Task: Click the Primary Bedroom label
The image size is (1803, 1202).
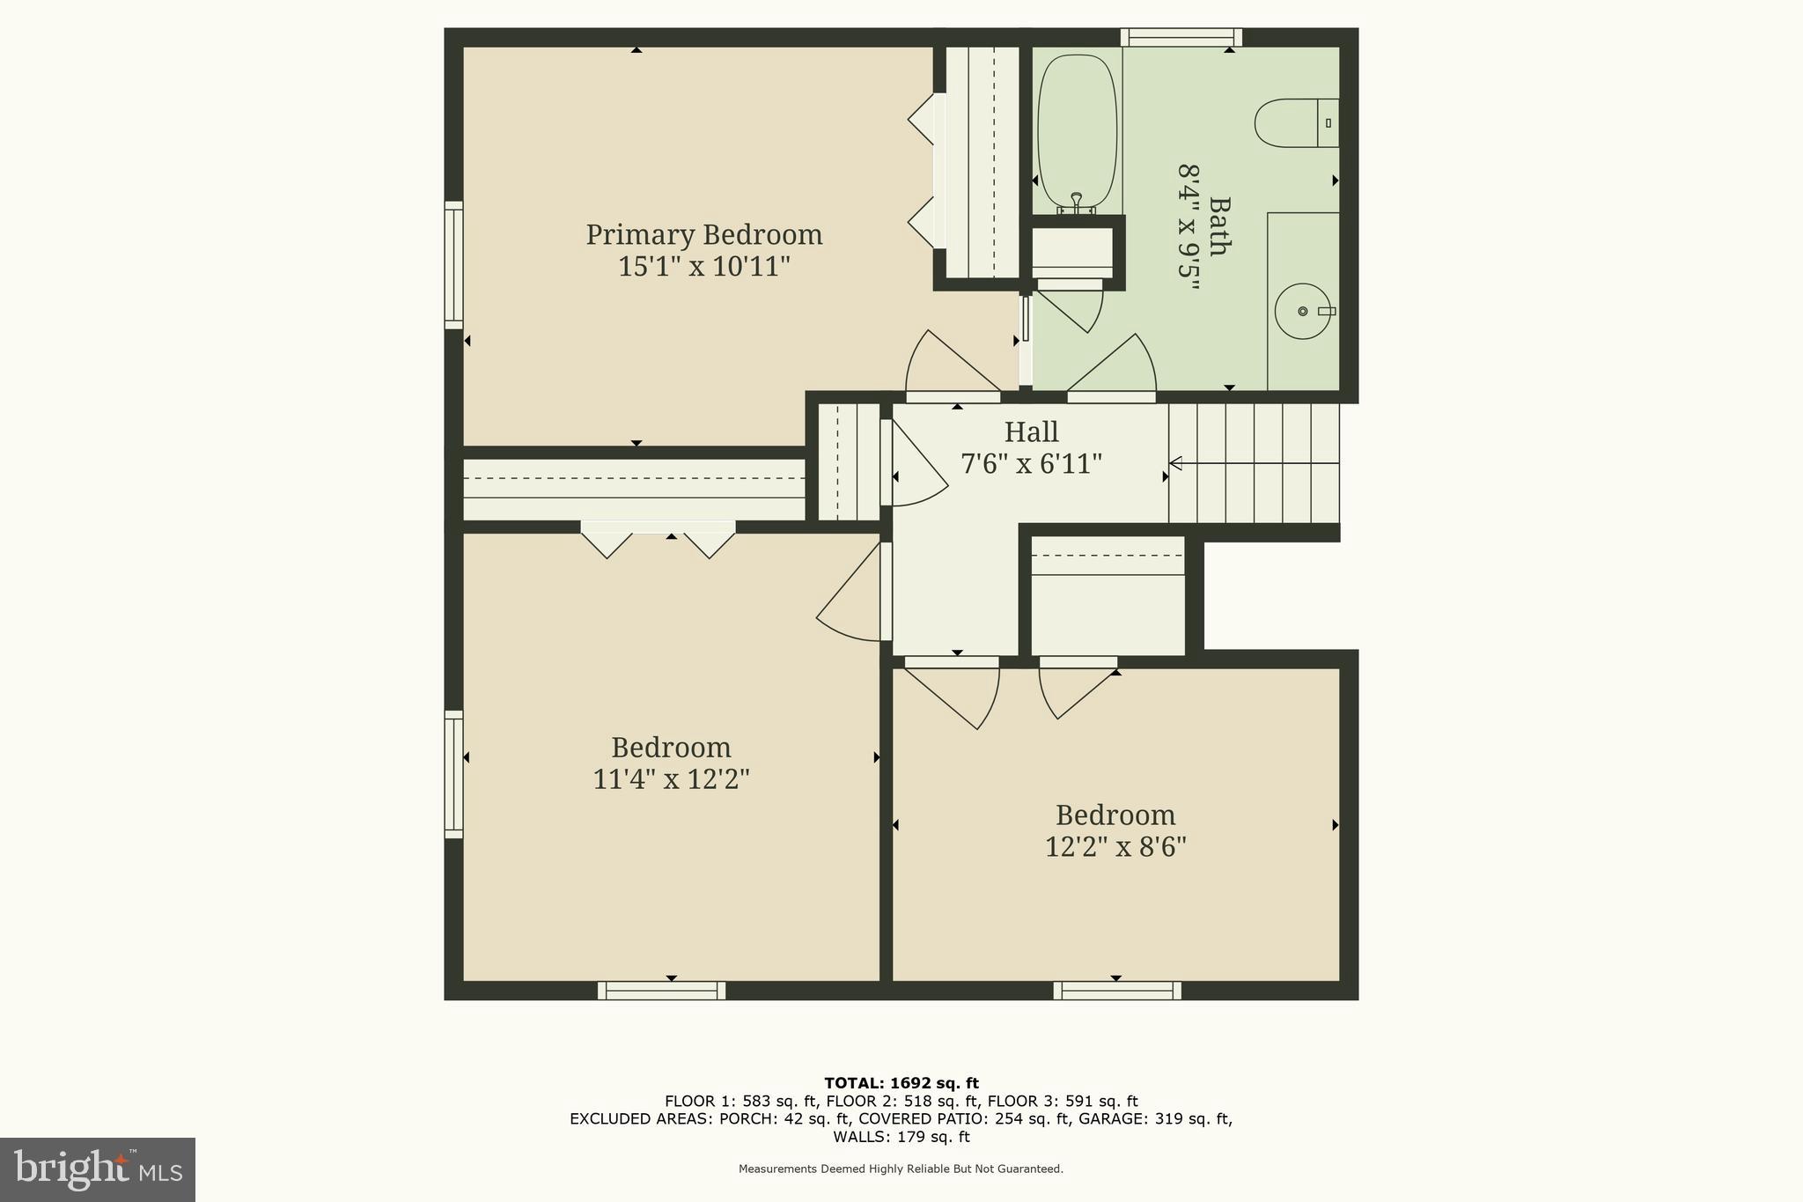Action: [x=703, y=235]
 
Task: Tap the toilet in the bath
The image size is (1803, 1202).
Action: [x=1294, y=123]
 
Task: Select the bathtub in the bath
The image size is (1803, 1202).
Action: [x=1078, y=132]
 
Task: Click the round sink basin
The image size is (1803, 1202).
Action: [x=1303, y=311]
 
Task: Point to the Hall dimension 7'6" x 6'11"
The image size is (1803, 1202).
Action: [x=1031, y=463]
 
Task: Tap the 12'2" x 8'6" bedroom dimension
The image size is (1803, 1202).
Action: [x=1115, y=847]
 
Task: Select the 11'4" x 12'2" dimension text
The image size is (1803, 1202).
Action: [x=671, y=779]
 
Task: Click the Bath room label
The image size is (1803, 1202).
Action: [x=1218, y=226]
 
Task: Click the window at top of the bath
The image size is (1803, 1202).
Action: [x=1181, y=37]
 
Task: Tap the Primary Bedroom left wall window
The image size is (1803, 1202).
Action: [x=453, y=265]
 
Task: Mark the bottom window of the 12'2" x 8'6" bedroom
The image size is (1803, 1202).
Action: [x=1116, y=991]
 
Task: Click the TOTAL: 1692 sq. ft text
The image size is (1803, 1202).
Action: [x=901, y=1083]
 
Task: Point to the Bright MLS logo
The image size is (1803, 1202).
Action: [x=98, y=1169]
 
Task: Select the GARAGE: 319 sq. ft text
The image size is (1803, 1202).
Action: [x=1164, y=1119]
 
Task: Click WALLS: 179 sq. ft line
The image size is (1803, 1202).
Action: [x=901, y=1137]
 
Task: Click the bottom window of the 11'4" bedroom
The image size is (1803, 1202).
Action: [x=661, y=991]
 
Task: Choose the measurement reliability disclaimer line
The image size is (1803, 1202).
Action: [x=901, y=1169]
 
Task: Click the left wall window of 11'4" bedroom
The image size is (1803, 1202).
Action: [x=453, y=774]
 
